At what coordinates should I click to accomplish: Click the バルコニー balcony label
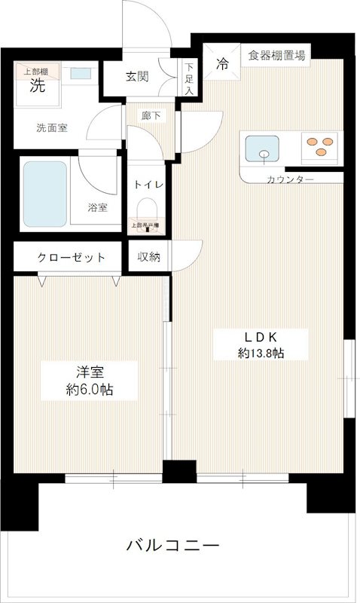[x=172, y=545]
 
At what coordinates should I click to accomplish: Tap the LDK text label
[x=251, y=337]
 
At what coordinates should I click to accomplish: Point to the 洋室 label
[x=89, y=372]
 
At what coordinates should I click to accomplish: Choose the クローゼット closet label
[x=72, y=258]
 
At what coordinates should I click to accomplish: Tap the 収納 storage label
[x=148, y=258]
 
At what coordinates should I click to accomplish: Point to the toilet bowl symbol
[x=146, y=208]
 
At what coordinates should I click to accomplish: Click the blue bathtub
[x=44, y=194]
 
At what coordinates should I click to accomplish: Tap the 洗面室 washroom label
[x=52, y=128]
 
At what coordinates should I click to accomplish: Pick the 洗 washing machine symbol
[x=37, y=86]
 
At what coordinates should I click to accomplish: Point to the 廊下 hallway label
[x=151, y=116]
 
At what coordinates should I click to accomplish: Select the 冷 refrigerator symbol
[x=222, y=64]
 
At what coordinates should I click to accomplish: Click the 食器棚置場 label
[x=279, y=54]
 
